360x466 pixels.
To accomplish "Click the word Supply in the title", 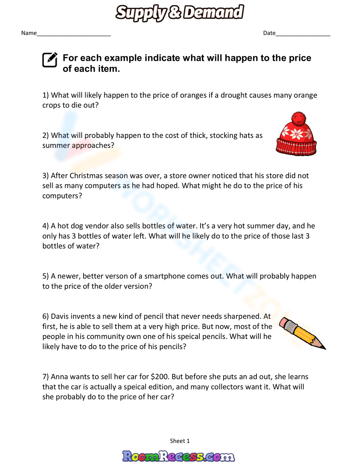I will (141, 13).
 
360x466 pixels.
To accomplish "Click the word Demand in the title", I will (213, 12).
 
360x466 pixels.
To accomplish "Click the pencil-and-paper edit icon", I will (50, 60).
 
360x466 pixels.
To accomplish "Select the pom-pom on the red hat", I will (298, 118).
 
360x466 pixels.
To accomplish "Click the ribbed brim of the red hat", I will (296, 147).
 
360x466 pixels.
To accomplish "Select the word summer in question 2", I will (56, 145).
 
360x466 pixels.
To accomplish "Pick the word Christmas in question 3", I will (86, 176).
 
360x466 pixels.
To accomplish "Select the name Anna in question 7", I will (59, 377).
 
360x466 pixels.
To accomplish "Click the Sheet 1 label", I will (180, 441).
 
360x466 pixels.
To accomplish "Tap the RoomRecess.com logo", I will (179, 456).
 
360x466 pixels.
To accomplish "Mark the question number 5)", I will (45, 276).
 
